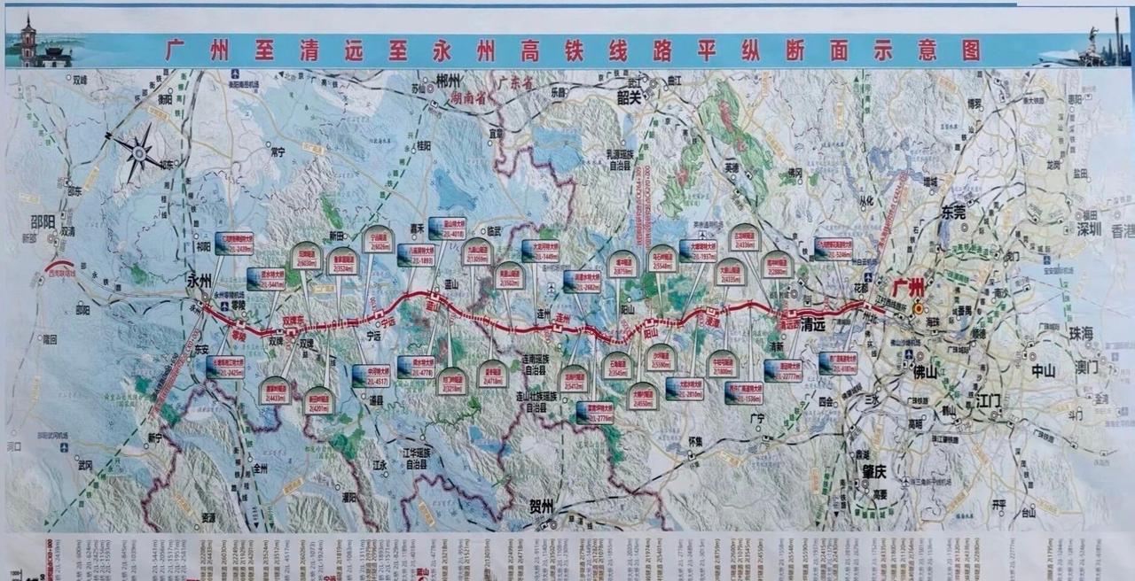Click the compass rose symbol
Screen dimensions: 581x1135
pos(138,153)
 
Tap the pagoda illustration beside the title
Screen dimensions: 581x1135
pos(29,41)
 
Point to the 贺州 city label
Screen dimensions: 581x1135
pos(541,506)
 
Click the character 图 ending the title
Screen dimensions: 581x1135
pos(970,50)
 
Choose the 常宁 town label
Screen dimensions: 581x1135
pos(277,151)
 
